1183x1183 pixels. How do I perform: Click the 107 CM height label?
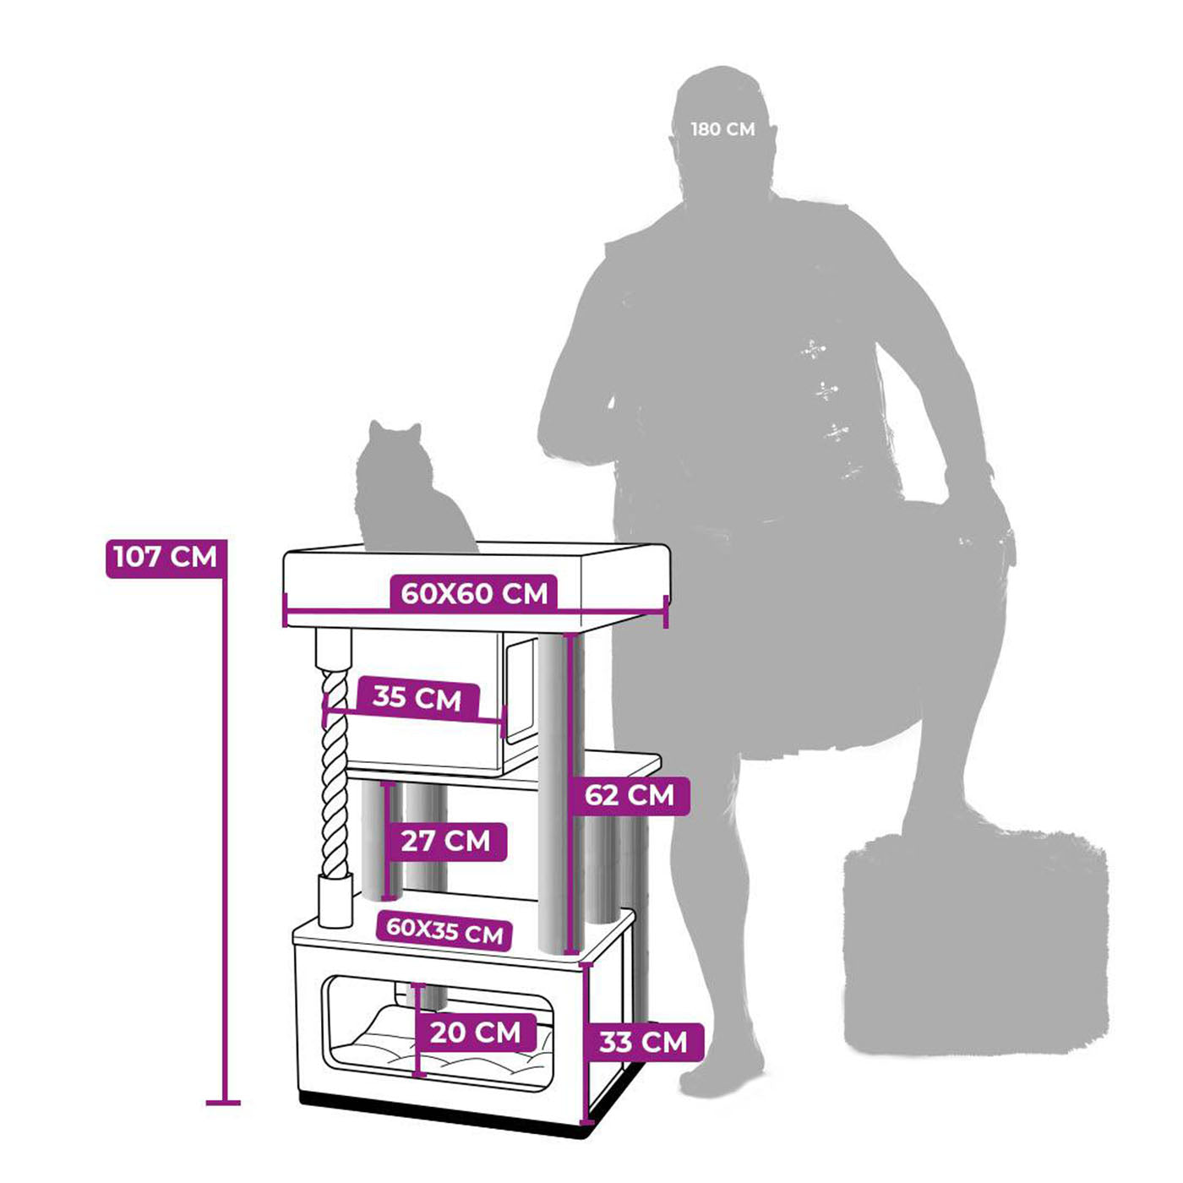[x=166, y=558]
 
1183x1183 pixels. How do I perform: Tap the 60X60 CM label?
[x=473, y=593]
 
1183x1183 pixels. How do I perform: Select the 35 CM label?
[x=417, y=698]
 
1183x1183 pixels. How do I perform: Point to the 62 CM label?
[x=630, y=795]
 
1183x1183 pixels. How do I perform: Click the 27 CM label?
[x=445, y=842]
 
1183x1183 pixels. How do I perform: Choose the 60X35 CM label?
[x=444, y=930]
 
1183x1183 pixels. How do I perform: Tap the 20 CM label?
[x=475, y=1033]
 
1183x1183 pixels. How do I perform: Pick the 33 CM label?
[x=643, y=1043]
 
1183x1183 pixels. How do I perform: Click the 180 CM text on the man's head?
[x=722, y=129]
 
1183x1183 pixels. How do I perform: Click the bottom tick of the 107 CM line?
[x=224, y=1102]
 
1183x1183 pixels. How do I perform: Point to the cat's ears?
[x=393, y=430]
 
